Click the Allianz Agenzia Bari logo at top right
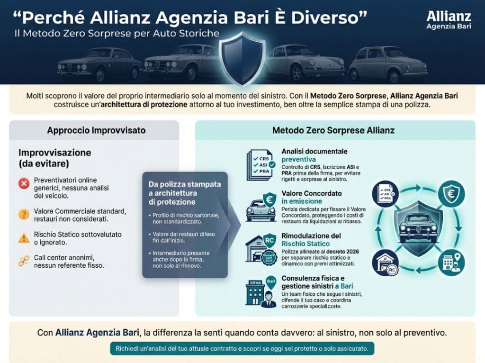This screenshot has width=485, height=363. click(448, 20)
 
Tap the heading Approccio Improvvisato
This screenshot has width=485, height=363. click(94, 130)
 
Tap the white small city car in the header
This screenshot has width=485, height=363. click(388, 65)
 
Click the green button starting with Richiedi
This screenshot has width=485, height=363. click(242, 348)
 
